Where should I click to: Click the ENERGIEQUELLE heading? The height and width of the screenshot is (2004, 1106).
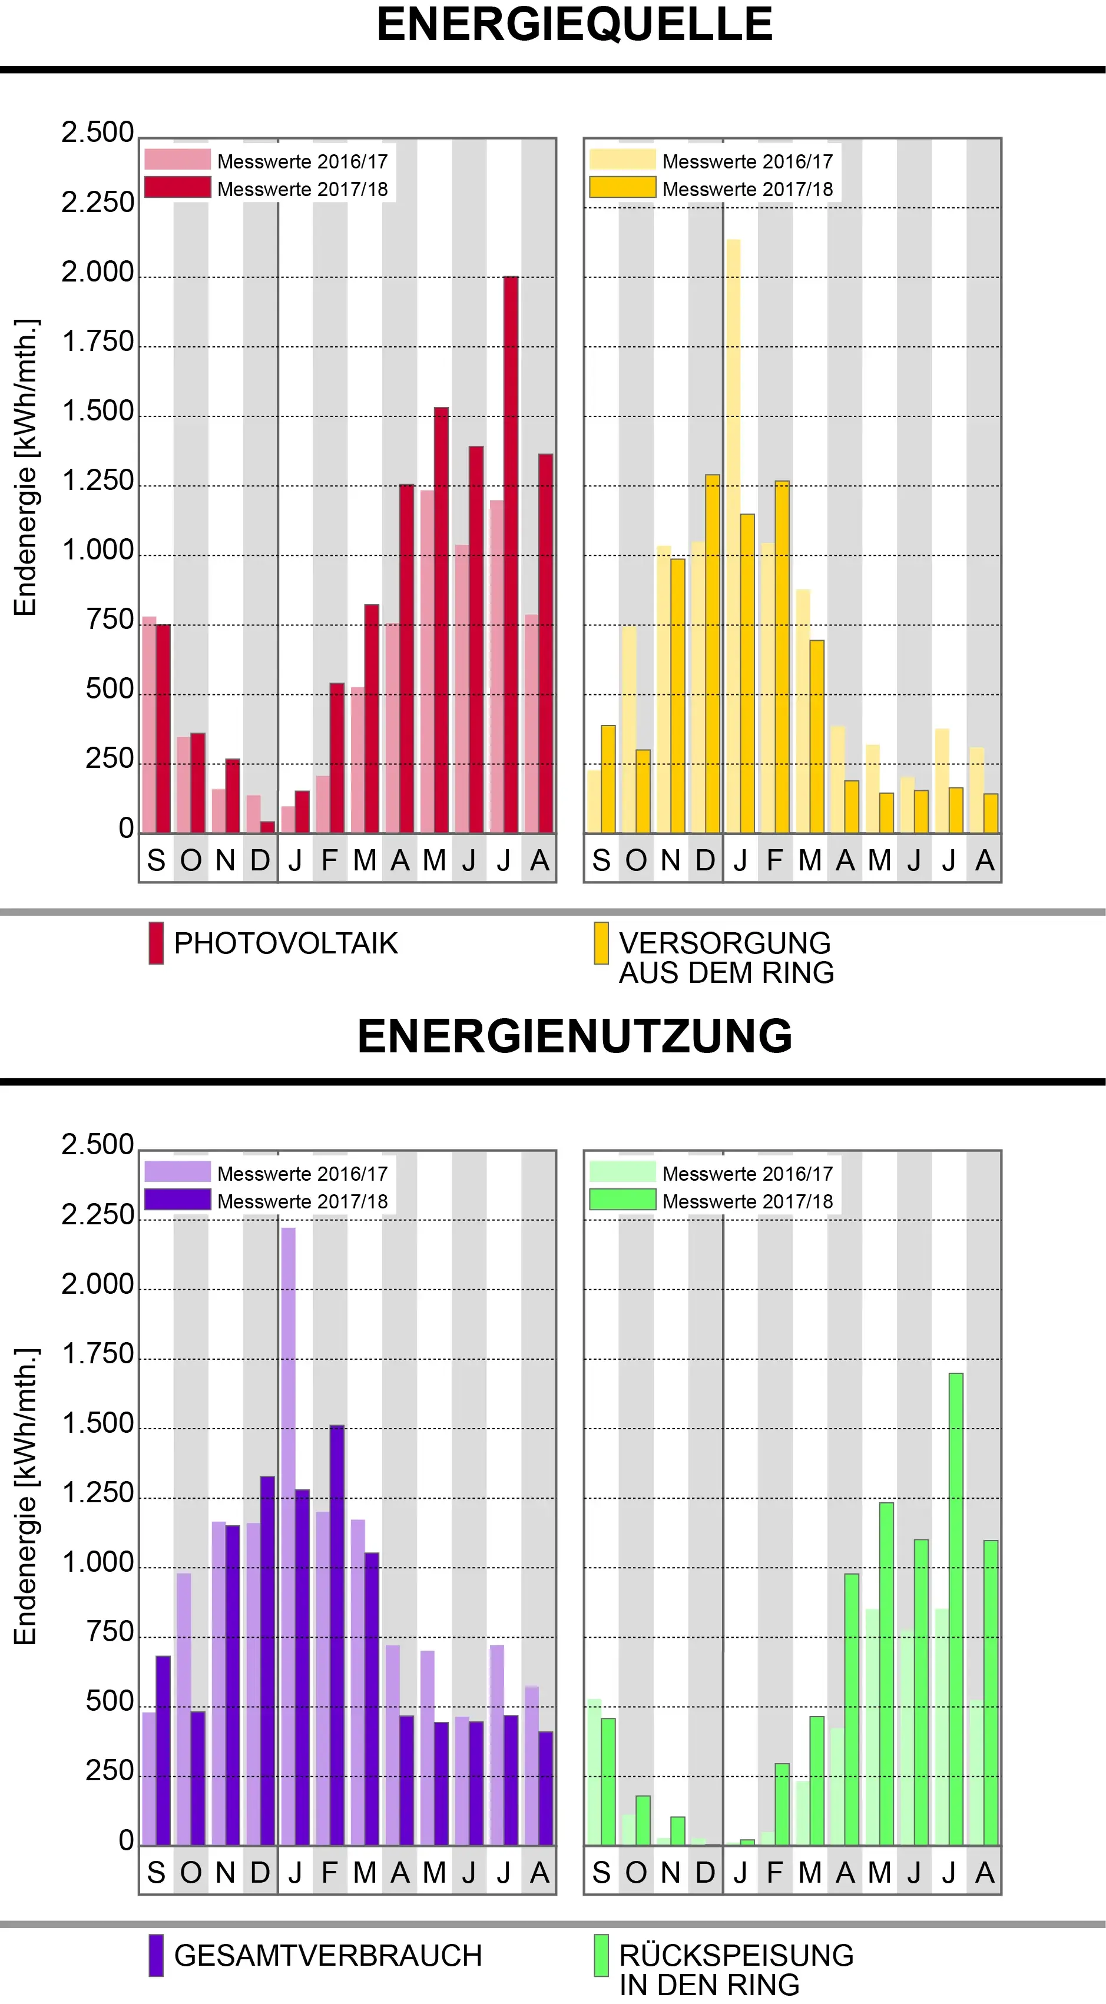point(574,25)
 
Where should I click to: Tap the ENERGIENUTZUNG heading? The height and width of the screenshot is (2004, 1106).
point(574,1036)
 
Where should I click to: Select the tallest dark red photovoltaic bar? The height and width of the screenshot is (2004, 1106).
point(510,554)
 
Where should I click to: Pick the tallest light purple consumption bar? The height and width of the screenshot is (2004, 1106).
point(288,1536)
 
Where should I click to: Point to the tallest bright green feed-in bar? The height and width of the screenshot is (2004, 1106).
point(956,1609)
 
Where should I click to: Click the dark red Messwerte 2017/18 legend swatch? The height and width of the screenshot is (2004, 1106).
point(177,187)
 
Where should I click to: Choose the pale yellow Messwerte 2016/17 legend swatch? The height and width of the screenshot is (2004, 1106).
point(622,160)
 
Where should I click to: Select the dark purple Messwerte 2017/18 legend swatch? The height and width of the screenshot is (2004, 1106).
point(177,1200)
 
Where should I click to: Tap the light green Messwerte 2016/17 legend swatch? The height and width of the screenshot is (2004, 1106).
point(622,1171)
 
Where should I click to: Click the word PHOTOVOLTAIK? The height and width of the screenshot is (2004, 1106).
point(286,943)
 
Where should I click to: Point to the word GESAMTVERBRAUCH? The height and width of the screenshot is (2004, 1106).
point(327,1955)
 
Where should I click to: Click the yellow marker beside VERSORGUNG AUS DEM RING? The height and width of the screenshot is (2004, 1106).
point(601,943)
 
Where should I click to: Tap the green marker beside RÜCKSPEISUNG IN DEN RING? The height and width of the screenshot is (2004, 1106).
point(601,1955)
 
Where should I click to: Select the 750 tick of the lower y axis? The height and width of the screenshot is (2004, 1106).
point(110,1631)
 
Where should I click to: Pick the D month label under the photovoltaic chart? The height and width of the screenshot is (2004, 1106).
point(260,860)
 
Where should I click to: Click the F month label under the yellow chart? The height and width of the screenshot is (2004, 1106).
point(774,860)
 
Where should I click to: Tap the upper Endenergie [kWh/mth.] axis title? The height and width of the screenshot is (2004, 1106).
point(26,467)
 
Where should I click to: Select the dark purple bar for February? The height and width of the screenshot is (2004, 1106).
point(337,1635)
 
